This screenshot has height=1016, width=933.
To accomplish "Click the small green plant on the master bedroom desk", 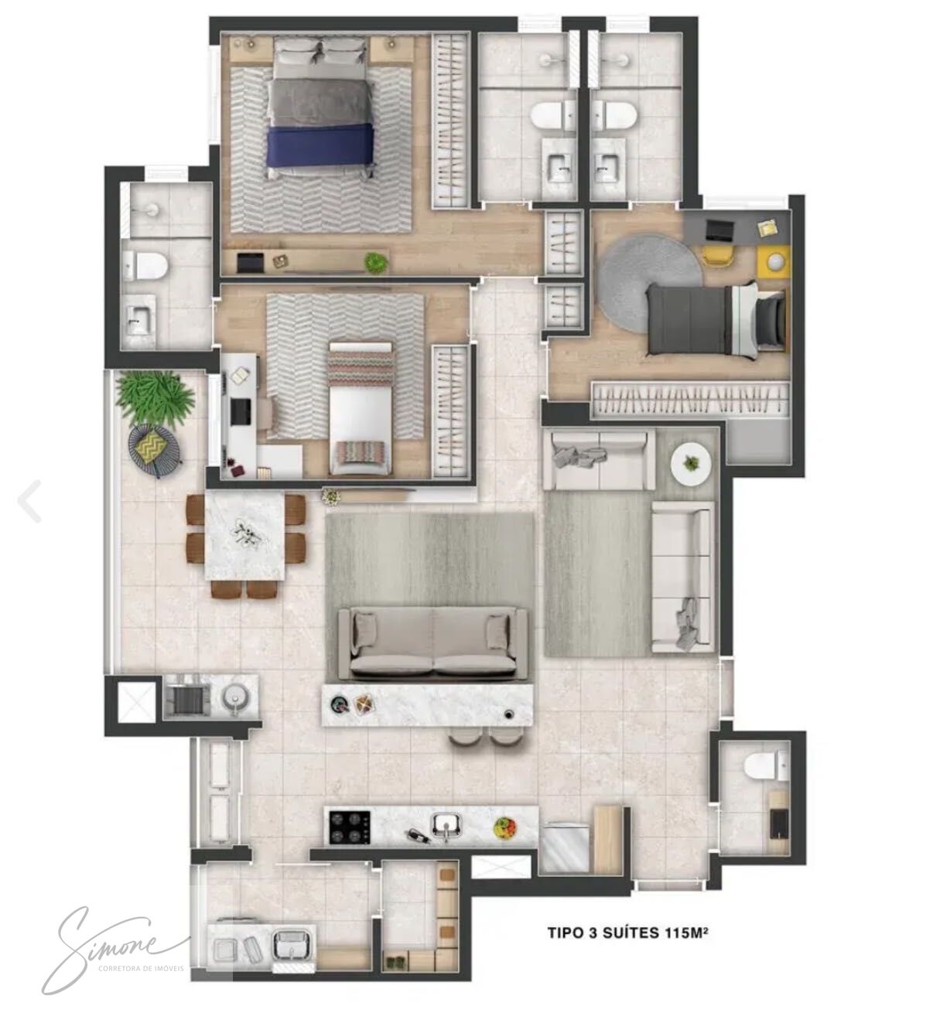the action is click(x=376, y=261).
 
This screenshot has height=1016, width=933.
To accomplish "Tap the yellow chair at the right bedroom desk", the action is click(x=718, y=255).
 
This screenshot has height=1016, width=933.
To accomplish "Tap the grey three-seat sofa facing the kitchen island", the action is click(x=433, y=644).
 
